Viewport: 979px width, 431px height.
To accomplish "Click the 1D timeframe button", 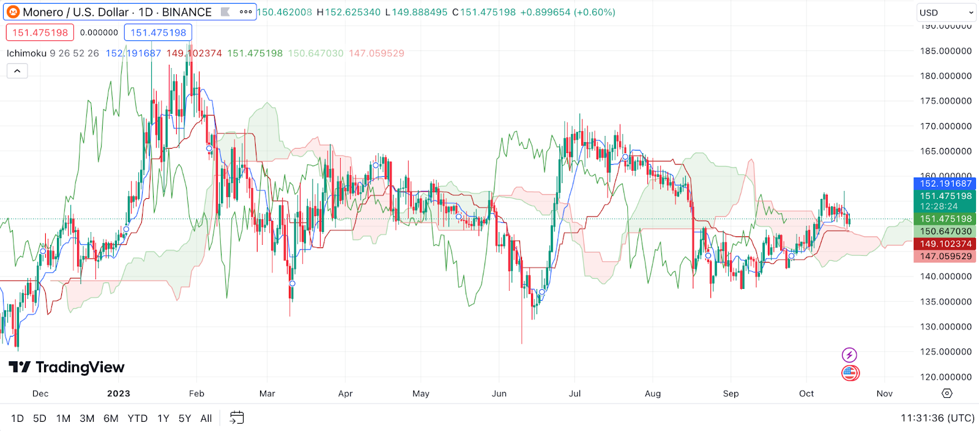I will (17, 419).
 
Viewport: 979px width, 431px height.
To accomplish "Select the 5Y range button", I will (185, 419).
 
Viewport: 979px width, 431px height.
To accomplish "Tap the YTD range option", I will (138, 419).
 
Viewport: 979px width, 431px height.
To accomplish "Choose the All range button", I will (206, 419).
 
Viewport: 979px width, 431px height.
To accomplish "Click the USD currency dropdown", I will (946, 12).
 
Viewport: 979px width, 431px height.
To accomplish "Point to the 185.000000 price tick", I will (946, 51).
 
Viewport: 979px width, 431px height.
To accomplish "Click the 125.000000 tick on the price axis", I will (946, 352).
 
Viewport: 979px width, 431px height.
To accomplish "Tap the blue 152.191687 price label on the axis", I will (945, 184).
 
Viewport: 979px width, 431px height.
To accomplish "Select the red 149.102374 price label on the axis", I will (945, 244).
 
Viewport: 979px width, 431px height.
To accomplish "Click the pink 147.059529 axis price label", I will (945, 257).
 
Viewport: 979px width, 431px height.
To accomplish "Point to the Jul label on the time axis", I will (575, 394).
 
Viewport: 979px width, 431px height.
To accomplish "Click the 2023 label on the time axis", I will (119, 394).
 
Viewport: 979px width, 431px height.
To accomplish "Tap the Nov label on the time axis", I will (884, 394).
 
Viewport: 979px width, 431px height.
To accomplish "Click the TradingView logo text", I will (80, 367).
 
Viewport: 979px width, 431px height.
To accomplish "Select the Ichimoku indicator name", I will (26, 53).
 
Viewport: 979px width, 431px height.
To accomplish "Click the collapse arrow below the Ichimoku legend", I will (17, 72).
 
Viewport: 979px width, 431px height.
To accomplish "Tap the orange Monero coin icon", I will (13, 12).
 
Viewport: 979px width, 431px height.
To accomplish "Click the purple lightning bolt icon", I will (849, 355).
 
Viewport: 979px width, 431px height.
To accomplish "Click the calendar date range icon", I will (237, 418).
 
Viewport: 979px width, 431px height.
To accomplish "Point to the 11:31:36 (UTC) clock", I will (937, 418).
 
